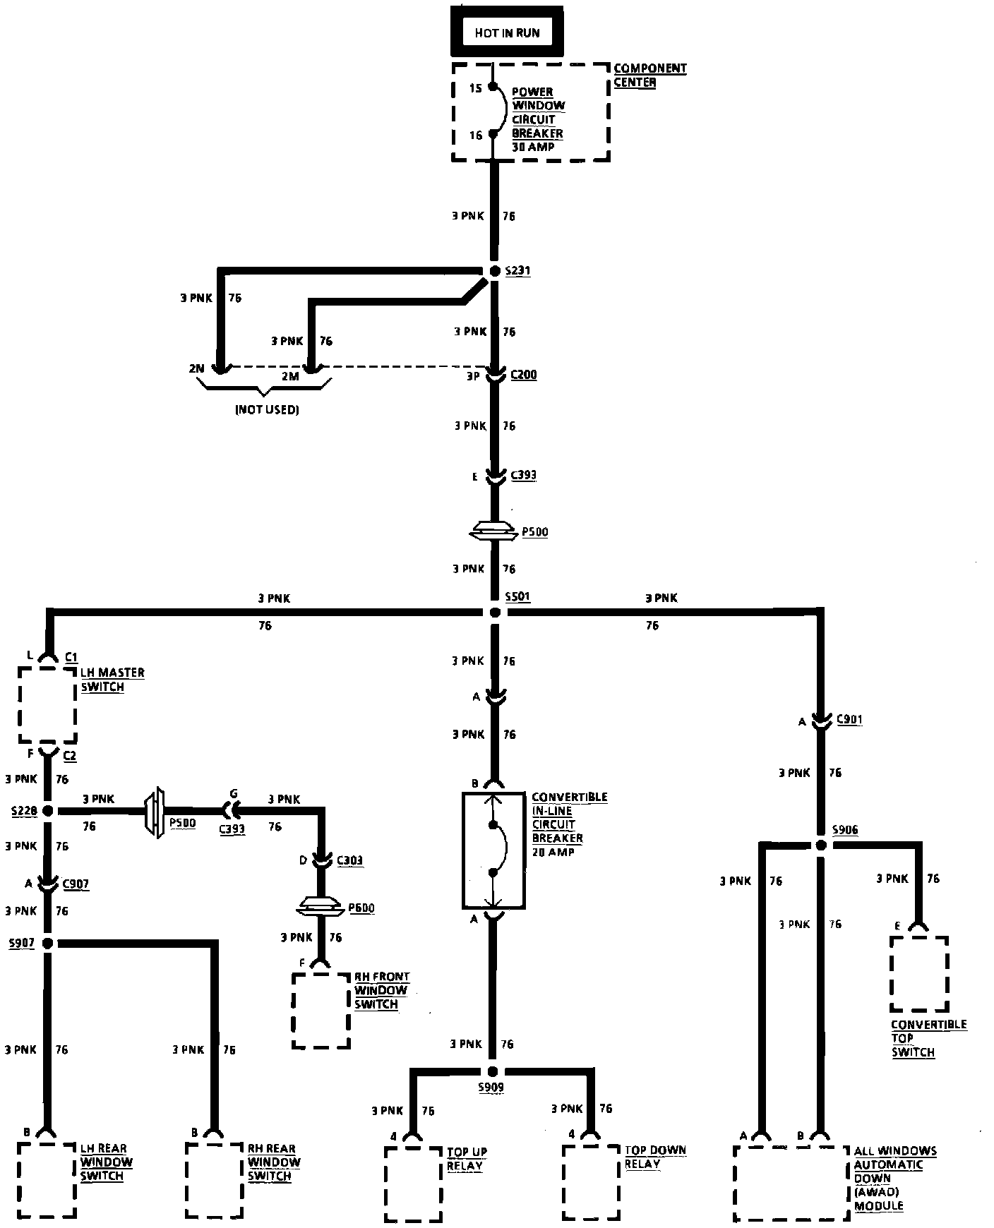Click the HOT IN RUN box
click(x=507, y=32)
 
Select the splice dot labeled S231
click(x=494, y=272)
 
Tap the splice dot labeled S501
click(x=494, y=613)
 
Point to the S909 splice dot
click(x=492, y=1071)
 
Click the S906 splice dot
click(x=820, y=845)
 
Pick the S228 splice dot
click(x=48, y=811)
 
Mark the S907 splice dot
click(x=48, y=943)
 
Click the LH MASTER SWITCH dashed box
click(x=47, y=705)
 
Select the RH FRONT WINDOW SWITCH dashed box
click(x=321, y=1011)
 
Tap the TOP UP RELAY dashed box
click(x=414, y=1184)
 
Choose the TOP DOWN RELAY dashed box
click(x=592, y=1184)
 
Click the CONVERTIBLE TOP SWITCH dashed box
click(x=919, y=974)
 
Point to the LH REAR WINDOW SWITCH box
click(x=47, y=1180)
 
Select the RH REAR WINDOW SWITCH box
click(x=213, y=1180)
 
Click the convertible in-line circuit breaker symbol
click(x=493, y=850)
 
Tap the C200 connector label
click(x=523, y=375)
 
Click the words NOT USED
click(x=267, y=410)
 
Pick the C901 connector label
click(x=849, y=720)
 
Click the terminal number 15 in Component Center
click(x=475, y=88)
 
